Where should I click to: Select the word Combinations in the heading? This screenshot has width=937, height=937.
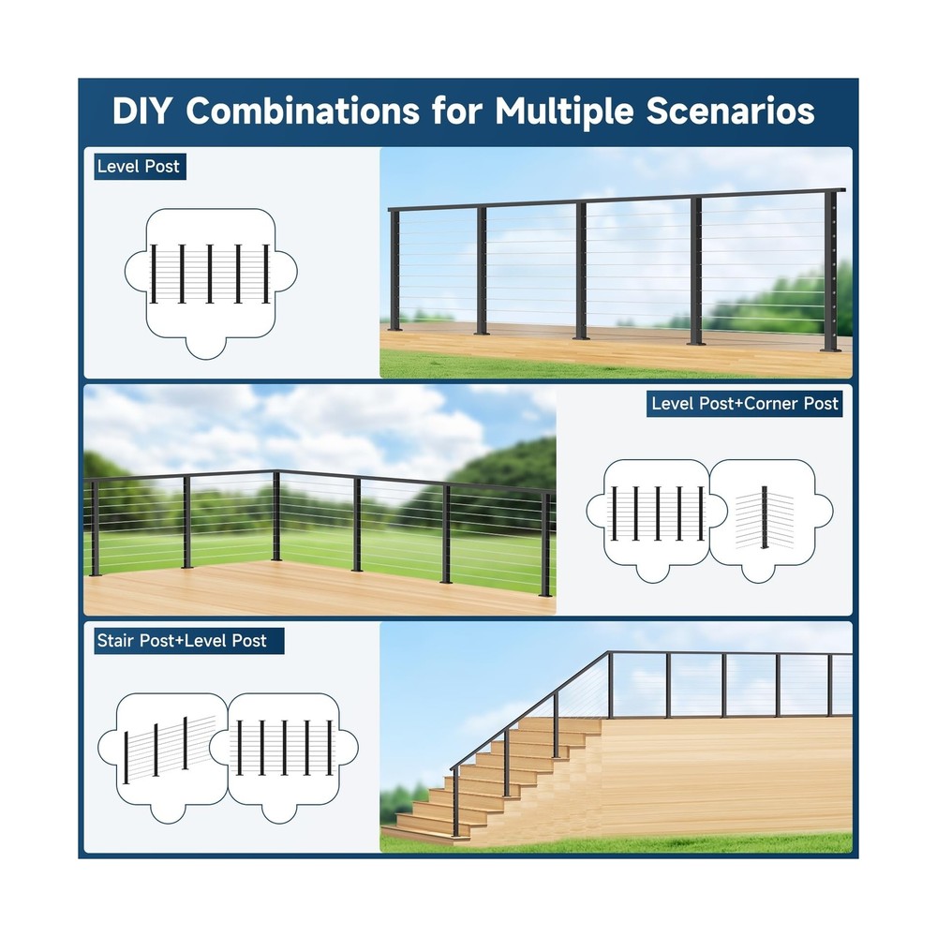pos(302,111)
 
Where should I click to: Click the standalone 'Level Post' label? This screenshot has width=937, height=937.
pos(138,168)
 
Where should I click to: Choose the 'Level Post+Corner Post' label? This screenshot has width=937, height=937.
pos(745,404)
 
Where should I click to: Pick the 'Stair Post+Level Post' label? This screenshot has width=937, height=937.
pos(182,641)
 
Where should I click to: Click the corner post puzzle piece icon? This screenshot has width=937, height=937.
pos(768,515)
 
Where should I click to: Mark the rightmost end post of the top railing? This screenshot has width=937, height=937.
pos(832,272)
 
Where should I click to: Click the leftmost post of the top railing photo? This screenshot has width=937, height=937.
pos(395,272)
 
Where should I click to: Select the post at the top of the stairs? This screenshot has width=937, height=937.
pos(610,684)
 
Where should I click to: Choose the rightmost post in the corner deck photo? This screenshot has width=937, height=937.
pos(545,543)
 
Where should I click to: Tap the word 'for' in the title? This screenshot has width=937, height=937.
pos(456,111)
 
